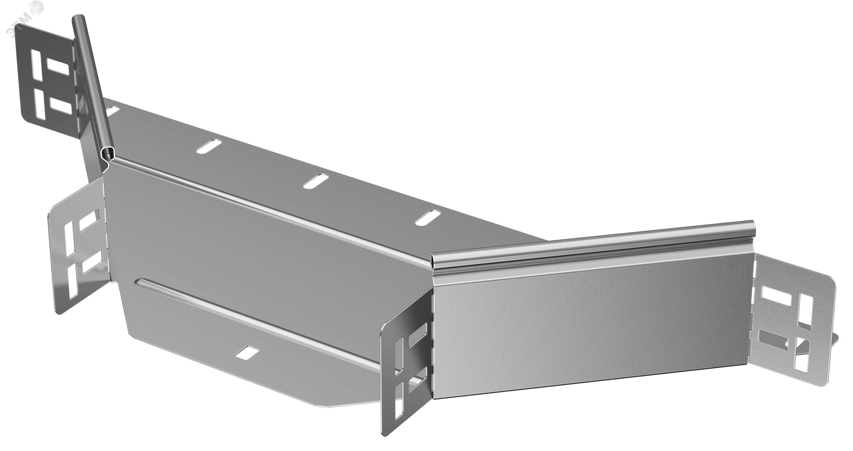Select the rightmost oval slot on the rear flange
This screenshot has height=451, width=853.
[x=428, y=217]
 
